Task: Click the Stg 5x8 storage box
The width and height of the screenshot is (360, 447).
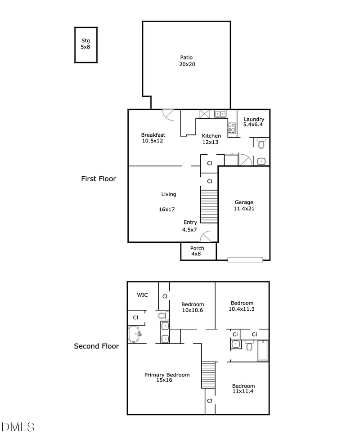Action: [85, 45]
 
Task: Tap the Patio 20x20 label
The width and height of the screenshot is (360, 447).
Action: [187, 61]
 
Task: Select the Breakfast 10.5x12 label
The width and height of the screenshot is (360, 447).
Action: [153, 138]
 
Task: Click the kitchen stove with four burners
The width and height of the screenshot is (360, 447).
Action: [232, 128]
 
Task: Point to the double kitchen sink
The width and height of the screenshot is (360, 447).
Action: [220, 114]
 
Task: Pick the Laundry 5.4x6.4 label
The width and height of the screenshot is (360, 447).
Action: [254, 122]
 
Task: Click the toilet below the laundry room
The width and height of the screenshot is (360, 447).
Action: [261, 143]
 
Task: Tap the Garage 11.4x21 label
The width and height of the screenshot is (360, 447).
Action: [244, 205]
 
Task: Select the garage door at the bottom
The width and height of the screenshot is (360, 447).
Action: [245, 259]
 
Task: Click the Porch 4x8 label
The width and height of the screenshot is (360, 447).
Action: [197, 251]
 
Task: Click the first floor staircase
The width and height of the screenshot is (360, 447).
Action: [209, 206]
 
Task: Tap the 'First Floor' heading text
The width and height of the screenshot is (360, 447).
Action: [99, 179]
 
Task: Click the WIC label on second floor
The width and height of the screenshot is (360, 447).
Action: [143, 295]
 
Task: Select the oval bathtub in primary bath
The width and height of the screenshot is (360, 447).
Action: [134, 334]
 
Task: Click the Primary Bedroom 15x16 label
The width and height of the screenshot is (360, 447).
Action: [166, 377]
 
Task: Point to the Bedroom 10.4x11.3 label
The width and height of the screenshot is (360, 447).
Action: [242, 306]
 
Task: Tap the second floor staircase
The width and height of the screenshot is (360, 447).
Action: [208, 374]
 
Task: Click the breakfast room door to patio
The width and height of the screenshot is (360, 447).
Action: [168, 115]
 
